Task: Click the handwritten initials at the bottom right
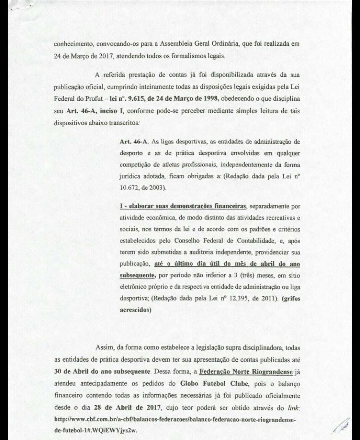(x=340, y=427)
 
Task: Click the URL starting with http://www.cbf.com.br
(x=175, y=420)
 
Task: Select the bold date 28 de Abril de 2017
(x=127, y=408)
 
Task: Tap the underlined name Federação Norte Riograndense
(x=246, y=372)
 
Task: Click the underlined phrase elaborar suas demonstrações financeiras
(x=183, y=206)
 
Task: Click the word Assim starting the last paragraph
(x=105, y=348)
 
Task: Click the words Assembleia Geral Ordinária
(x=194, y=44)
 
